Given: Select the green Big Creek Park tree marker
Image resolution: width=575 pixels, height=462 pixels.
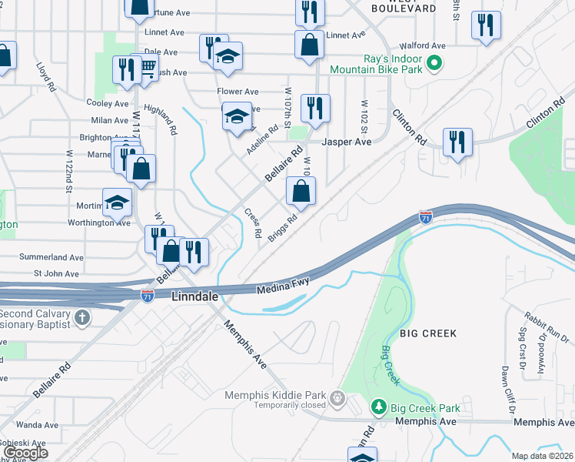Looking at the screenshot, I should point(377,406).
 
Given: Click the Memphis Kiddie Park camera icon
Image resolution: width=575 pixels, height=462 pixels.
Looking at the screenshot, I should point(337,397).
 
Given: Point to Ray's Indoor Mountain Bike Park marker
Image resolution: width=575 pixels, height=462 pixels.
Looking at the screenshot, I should point(434,62).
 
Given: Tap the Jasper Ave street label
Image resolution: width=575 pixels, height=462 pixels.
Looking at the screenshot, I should point(346,142).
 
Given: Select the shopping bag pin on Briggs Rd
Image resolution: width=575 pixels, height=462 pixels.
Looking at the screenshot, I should point(301,192).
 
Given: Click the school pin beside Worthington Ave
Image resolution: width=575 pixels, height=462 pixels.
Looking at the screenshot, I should point(117,203).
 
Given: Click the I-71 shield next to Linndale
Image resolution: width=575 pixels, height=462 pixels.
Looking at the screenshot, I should point(147,295).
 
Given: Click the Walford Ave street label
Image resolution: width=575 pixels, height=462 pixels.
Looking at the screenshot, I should point(428,46).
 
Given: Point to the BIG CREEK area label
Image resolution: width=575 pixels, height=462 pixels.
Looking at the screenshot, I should point(428,333).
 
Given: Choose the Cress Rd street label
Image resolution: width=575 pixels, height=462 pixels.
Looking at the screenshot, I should point(254,223).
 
